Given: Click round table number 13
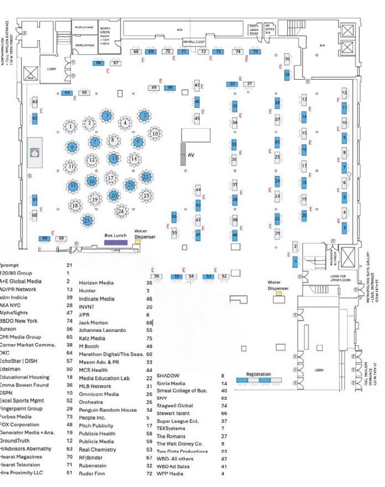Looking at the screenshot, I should [x=114, y=158].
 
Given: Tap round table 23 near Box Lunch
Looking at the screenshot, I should [x=87, y=221].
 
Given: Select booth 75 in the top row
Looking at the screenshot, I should [x=255, y=51].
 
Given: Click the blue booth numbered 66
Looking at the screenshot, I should [x=98, y=63].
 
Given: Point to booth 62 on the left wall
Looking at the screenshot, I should [x=35, y=118].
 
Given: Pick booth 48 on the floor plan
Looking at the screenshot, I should [x=170, y=88].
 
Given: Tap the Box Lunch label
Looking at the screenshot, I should [x=116, y=236].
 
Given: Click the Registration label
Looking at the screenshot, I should [x=258, y=375].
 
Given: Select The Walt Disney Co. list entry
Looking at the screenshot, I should [x=180, y=443].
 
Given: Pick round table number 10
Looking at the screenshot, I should [x=155, y=133].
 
